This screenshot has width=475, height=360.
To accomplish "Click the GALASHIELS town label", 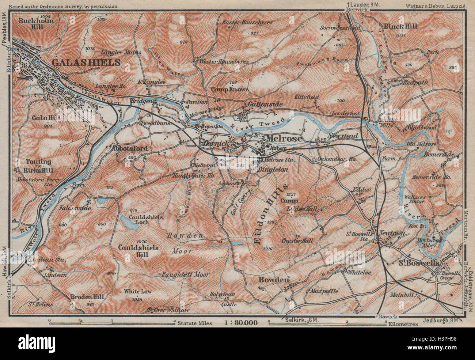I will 86,62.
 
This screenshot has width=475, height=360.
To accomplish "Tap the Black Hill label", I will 400,26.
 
